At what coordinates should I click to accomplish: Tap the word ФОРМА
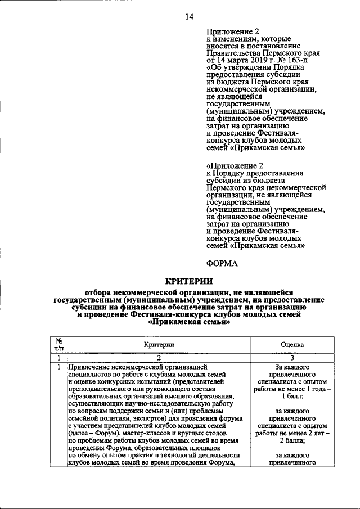[222, 262]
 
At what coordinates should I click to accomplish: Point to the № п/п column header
[58, 344]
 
